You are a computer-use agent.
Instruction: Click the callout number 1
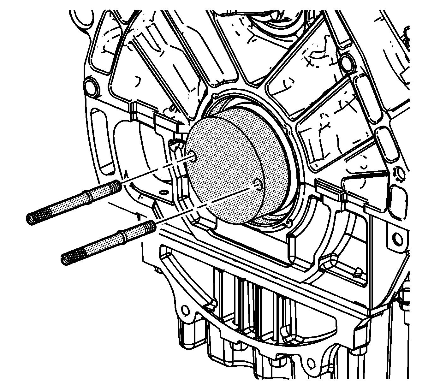(138, 216)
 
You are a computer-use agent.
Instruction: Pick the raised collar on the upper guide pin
(86, 197)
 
